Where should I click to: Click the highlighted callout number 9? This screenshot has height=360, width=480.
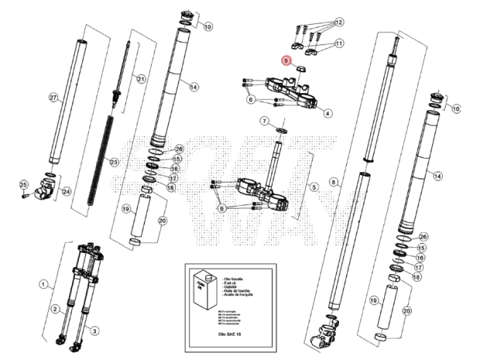[287, 61]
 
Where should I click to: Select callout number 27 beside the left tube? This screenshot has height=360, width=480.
[52, 97]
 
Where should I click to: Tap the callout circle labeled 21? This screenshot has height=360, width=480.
[141, 79]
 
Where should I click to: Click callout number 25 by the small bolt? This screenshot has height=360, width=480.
[23, 184]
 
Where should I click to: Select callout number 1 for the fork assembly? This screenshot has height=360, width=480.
[44, 284]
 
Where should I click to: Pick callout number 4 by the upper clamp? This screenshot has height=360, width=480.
[328, 113]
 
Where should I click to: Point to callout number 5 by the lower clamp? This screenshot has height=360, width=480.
[314, 187]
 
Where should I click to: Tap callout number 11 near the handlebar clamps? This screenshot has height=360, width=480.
[340, 44]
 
